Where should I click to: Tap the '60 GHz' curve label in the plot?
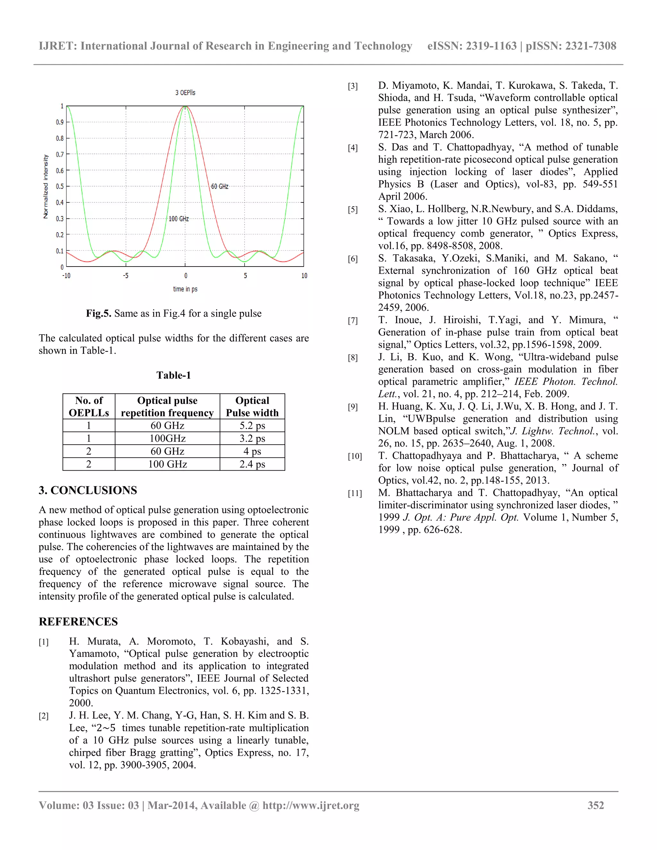coord(219,186)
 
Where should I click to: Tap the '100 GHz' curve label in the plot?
coord(179,219)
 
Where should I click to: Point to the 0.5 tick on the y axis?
coord(60,186)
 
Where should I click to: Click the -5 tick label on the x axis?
coord(125,276)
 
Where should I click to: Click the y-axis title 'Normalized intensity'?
coord(46,186)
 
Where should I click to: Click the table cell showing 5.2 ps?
coord(252,425)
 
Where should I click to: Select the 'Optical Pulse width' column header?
coord(252,406)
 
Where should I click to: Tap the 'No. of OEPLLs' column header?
coord(89,406)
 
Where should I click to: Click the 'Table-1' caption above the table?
coord(174,375)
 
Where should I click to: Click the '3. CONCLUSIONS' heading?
coord(88,490)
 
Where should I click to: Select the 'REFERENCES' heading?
coord(78,622)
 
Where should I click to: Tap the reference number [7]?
coord(353,321)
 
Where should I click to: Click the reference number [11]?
coord(354,494)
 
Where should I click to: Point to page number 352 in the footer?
coord(595,805)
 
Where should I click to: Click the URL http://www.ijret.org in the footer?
coord(311,805)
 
